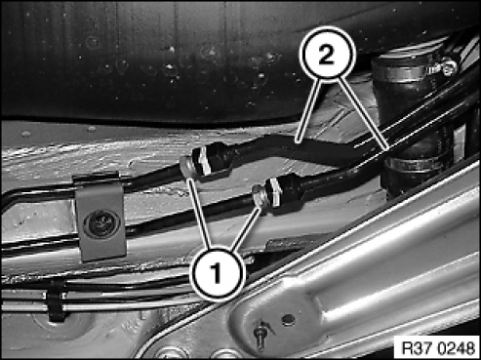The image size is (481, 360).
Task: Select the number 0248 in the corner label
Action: click(456, 348)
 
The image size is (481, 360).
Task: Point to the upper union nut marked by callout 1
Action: click(187, 168)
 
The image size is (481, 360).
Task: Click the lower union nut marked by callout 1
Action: click(261, 196)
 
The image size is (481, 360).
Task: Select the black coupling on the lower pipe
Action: click(287, 191)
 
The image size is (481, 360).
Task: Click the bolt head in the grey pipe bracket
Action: click(101, 223)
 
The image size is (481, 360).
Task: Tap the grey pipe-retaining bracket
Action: click(100, 217)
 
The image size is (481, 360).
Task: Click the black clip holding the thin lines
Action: click(56, 300)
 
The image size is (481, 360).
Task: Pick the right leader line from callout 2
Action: click(362, 114)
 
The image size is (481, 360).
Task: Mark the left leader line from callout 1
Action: click(200, 214)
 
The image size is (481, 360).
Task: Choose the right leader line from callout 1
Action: click(246, 230)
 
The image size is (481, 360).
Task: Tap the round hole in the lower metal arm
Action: click(288, 319)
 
